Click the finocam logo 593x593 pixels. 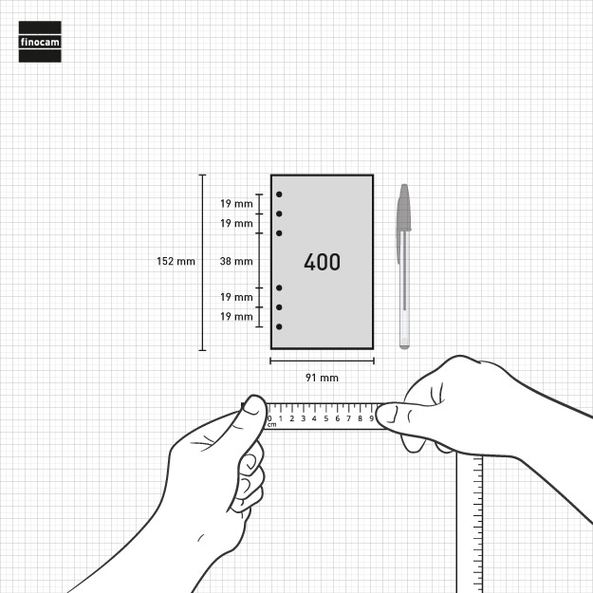(40, 42)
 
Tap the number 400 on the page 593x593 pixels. (323, 262)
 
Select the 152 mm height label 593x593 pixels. (176, 261)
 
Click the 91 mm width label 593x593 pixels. (322, 378)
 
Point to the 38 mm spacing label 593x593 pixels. (236, 261)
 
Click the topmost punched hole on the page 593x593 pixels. (279, 195)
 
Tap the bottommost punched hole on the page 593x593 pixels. (279, 326)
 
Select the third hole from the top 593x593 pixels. (279, 233)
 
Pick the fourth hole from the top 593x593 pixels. (279, 287)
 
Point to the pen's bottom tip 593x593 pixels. (404, 347)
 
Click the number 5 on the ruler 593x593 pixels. (326, 418)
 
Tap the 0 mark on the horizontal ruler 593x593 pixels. (269, 418)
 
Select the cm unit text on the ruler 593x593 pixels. (272, 425)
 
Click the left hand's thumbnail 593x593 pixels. (253, 406)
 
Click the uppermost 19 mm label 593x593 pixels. (236, 203)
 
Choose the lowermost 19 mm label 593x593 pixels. (236, 316)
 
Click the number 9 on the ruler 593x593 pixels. (371, 418)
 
